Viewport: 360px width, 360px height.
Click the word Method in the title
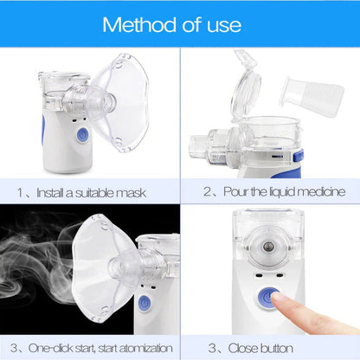point(138,23)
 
